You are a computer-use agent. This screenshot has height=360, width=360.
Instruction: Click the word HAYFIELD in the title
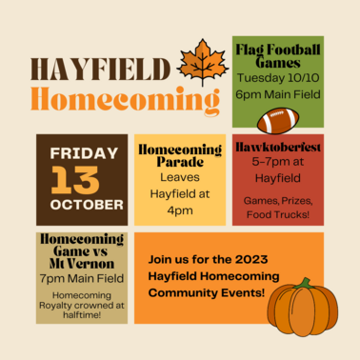point(101,70)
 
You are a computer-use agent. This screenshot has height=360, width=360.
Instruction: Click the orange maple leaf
point(203,62)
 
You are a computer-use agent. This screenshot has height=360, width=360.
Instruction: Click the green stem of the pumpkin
point(303,284)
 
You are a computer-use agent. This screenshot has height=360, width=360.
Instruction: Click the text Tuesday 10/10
point(279,77)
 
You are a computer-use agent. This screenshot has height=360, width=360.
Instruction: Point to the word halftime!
point(81,315)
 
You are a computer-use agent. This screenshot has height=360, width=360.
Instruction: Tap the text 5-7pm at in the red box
point(279,163)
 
